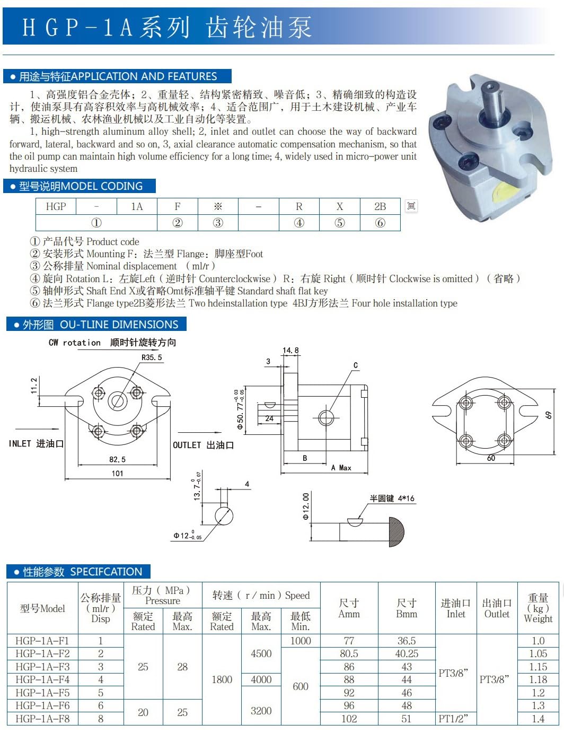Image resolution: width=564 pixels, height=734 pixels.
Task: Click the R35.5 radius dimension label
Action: [152, 357]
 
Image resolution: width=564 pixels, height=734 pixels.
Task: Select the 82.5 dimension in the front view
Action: [117, 459]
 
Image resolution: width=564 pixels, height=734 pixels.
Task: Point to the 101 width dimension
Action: [117, 473]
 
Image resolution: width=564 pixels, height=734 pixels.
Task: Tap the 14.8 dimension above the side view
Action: [290, 350]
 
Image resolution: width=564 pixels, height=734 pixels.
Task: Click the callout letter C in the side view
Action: [355, 365]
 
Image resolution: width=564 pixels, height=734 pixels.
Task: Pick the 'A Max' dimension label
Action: [341, 468]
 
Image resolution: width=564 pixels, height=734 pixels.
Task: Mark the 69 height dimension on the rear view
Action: [549, 415]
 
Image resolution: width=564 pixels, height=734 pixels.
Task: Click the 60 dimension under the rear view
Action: [491, 458]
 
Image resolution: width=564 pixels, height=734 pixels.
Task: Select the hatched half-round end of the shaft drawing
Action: [396, 532]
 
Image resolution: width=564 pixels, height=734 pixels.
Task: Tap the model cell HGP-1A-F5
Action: [42, 693]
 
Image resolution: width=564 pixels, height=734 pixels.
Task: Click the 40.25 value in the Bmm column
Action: [407, 653]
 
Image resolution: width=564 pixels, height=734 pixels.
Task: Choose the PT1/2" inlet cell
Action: [453, 719]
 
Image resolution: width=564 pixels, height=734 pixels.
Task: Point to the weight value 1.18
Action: [538, 679]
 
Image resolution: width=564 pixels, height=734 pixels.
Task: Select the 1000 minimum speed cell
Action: [301, 641]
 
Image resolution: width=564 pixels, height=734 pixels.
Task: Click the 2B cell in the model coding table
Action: [380, 206]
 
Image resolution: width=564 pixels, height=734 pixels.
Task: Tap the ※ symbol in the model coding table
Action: [218, 206]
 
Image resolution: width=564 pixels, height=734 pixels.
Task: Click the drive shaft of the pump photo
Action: [492, 102]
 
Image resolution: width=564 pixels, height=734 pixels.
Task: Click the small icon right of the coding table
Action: [411, 206]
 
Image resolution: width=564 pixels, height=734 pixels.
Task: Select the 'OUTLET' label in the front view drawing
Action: [187, 445]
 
